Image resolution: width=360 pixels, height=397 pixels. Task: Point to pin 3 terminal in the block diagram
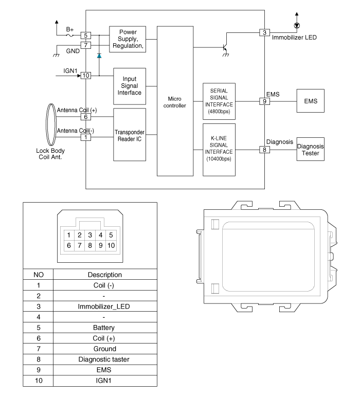264,33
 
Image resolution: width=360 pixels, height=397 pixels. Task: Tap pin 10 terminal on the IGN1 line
86,76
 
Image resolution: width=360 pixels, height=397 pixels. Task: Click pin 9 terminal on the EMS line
264,102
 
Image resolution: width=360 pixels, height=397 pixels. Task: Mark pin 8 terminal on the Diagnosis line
264,150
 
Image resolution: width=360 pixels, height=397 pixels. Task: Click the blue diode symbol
99,54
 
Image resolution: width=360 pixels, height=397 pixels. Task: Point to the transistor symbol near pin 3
225,47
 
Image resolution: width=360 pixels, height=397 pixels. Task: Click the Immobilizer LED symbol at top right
296,25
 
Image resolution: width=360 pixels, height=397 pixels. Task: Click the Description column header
104,275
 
